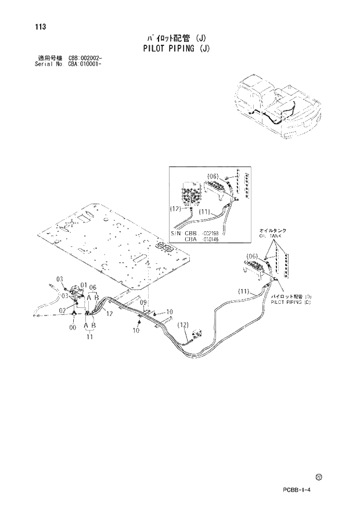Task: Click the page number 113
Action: coord(40,27)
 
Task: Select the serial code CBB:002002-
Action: coord(85,59)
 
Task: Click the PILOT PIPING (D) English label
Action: coord(291,302)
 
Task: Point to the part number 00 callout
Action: coord(73,328)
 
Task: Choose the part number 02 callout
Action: coord(60,311)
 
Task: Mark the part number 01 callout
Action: coord(84,285)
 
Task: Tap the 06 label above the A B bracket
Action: coord(92,287)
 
